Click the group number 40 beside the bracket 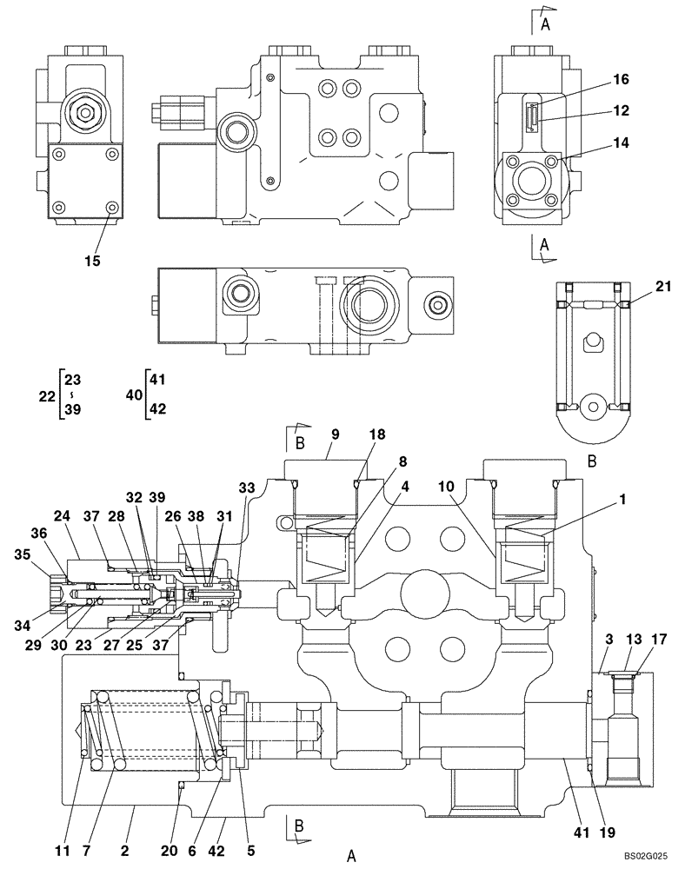[134, 395]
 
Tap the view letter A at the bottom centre [351, 856]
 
